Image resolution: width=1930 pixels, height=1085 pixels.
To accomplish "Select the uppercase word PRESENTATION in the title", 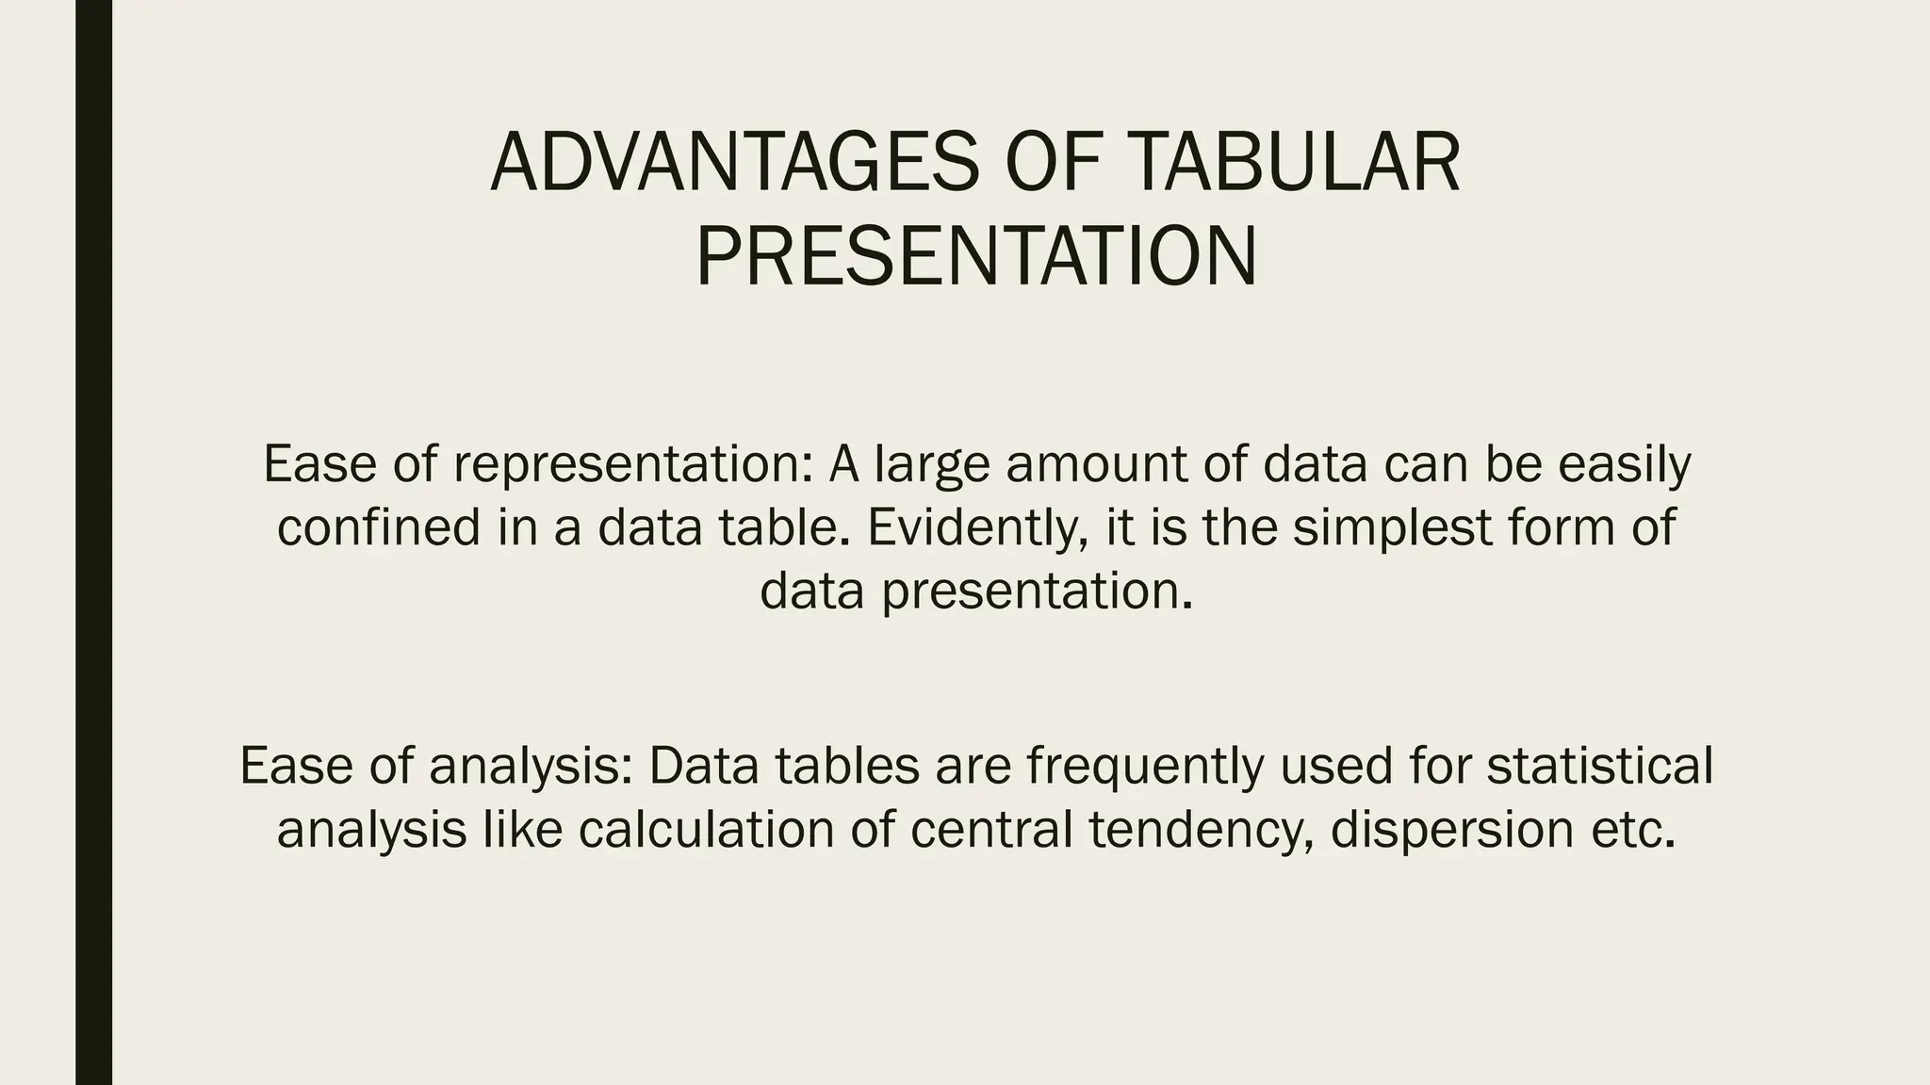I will (x=976, y=257).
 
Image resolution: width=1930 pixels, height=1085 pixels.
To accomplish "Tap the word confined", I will (x=379, y=526).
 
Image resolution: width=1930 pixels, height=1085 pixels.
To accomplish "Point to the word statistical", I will (x=1599, y=765).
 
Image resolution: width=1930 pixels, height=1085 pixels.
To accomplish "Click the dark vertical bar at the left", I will (x=93, y=542).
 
